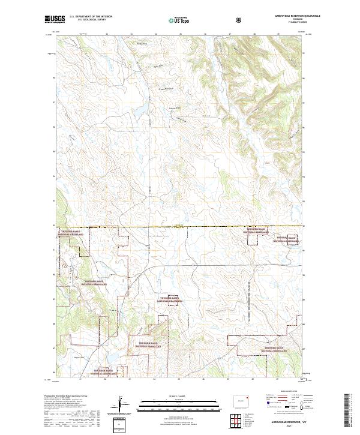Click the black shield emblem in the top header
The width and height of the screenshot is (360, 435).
click(x=223, y=20)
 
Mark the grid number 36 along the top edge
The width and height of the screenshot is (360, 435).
click(x=205, y=34)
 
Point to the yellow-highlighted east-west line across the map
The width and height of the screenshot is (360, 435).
click(x=180, y=227)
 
